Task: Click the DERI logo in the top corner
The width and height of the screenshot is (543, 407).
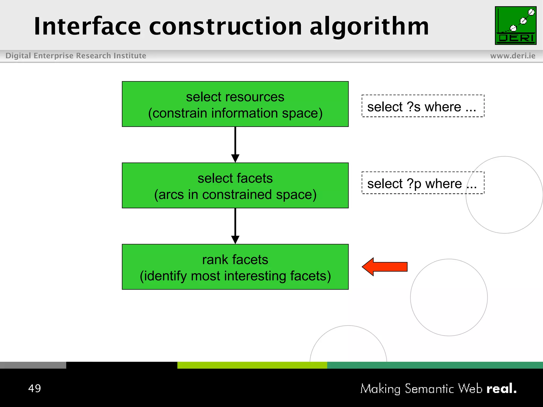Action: point(515,25)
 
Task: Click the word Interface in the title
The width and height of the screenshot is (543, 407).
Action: point(87,26)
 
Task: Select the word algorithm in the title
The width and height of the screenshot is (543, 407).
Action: point(369,26)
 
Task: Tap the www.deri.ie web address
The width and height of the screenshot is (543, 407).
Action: point(513,56)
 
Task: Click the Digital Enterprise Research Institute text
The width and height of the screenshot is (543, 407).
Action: point(76,56)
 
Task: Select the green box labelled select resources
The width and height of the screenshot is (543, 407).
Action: point(235,104)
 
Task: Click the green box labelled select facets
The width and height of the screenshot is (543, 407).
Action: point(235,185)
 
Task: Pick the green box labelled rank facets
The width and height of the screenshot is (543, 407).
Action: point(235,267)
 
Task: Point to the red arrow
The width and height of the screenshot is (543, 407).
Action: point(384,267)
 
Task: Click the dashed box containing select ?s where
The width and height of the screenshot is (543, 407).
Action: point(423,106)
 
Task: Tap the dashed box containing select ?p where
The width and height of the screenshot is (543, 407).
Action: point(423,183)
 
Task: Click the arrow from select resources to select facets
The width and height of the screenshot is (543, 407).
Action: point(235,144)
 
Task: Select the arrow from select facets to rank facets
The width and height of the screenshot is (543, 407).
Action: point(235,226)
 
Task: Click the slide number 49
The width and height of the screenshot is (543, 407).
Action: point(34,388)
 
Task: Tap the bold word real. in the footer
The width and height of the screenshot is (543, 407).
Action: point(501,389)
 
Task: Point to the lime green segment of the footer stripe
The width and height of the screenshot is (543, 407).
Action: point(252,365)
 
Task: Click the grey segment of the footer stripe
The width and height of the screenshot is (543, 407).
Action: point(33,365)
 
